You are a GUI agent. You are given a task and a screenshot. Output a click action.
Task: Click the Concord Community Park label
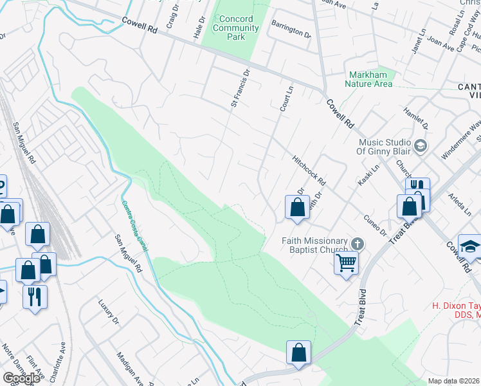click(x=235, y=28)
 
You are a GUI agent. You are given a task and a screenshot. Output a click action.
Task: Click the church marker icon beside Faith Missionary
click(x=358, y=244)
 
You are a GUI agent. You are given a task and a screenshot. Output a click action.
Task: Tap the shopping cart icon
click(x=346, y=262)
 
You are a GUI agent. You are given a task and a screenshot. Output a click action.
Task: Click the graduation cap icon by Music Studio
click(x=421, y=147)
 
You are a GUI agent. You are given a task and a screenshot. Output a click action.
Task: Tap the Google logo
click(x=21, y=378)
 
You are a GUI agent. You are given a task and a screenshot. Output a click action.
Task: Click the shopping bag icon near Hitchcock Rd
click(x=297, y=207)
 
